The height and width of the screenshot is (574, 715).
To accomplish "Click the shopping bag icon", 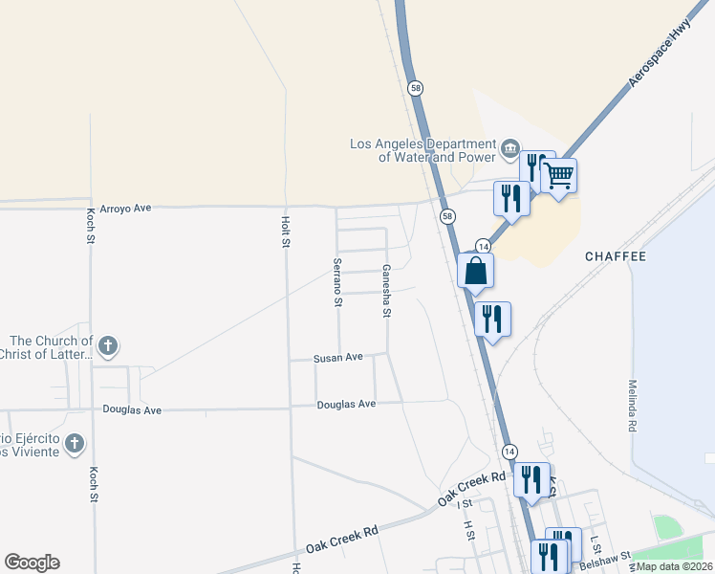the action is [x=476, y=271].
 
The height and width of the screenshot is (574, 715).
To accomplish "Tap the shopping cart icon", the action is [x=558, y=175].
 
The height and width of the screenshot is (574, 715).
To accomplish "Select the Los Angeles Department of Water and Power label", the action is [x=422, y=150].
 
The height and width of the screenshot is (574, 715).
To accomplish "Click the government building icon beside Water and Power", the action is [x=509, y=148].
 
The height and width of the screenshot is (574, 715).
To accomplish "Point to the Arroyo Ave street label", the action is [x=129, y=208].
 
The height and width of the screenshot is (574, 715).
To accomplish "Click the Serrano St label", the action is [x=337, y=281].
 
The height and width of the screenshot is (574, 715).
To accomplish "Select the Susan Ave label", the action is [x=338, y=358].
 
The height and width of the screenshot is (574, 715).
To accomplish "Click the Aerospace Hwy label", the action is [x=660, y=56].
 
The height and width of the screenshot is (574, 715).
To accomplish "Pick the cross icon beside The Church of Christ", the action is [x=108, y=346].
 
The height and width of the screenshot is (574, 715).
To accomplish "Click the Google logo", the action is [x=32, y=563].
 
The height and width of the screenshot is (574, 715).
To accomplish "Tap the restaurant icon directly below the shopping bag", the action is [x=492, y=319].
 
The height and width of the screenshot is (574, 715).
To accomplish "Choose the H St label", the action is [x=468, y=527].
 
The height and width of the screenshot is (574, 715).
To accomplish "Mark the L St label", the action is [x=595, y=541].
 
